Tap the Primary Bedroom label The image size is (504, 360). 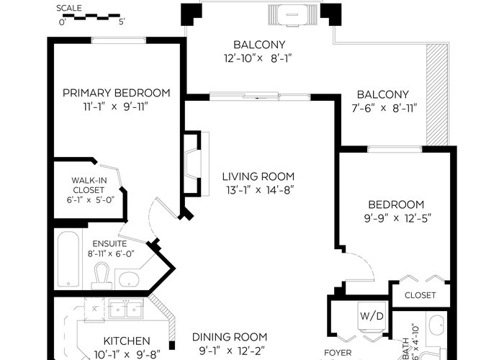tap(117, 93)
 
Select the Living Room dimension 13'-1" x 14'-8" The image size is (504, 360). tap(260, 190)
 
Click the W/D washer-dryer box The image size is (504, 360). tap(372, 316)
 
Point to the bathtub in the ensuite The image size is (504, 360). tap(68, 260)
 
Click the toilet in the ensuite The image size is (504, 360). tap(102, 276)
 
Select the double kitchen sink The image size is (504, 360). tap(126, 309)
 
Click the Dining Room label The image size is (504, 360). tap(230, 337)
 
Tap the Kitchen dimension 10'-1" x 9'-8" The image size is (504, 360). tap(127, 354)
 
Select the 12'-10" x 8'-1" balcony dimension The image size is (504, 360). tap(258, 58)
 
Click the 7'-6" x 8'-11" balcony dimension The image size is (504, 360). tap(384, 108)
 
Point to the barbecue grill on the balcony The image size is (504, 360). tap(292, 15)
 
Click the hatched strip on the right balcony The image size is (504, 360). tap(437, 94)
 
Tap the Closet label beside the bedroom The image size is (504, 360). tap(420, 295)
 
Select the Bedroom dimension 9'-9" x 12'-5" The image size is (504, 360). tap(397, 219)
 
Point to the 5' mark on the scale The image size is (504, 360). tap(122, 22)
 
